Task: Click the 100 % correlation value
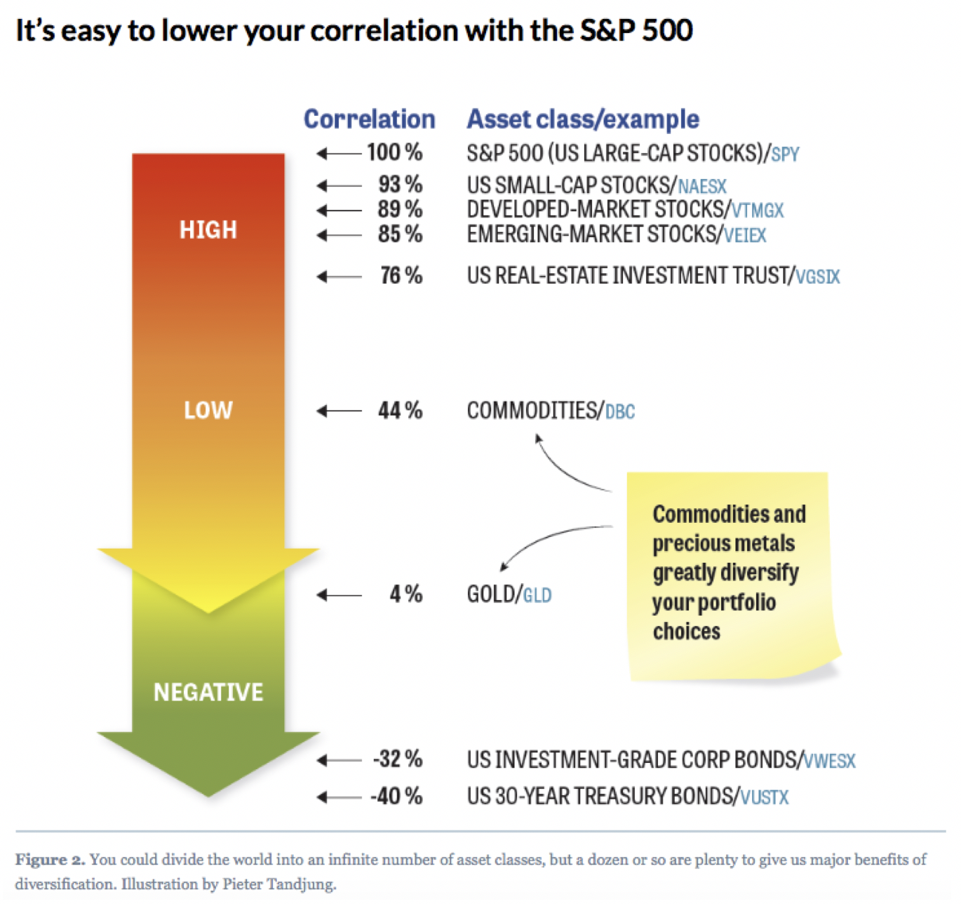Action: coord(394,152)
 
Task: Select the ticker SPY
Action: coord(785,154)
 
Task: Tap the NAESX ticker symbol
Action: coord(702,187)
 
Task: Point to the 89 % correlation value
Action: coord(400,209)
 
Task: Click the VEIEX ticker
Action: coord(745,235)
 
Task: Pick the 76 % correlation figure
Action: coord(401,276)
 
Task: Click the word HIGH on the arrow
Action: coord(208,230)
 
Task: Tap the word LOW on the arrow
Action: coord(208,410)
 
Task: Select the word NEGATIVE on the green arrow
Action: coord(208,692)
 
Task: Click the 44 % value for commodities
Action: coord(400,411)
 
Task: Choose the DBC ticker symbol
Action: coord(620,412)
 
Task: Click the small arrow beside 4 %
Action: coord(340,595)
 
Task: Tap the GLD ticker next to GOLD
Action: coord(537,596)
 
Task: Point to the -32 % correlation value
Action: coord(398,759)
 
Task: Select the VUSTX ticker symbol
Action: coord(765,797)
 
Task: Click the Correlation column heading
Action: coord(369,119)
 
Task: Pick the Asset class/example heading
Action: coord(583,119)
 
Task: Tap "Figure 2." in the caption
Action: coord(50,860)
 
